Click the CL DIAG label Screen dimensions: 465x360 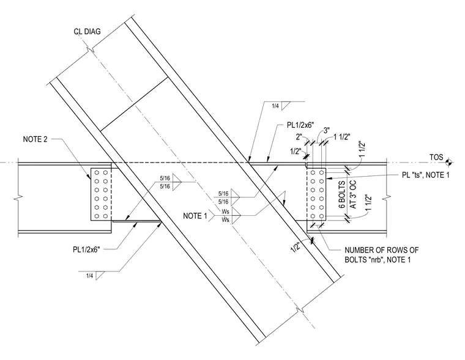click(x=87, y=31)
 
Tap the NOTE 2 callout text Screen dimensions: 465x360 click(x=35, y=139)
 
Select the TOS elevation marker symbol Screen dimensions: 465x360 click(x=449, y=162)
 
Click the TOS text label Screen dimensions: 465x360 click(x=436, y=157)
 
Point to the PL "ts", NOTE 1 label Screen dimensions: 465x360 click(x=426, y=175)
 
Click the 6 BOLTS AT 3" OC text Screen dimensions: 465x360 click(x=348, y=194)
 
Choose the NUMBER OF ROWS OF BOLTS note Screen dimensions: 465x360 click(x=381, y=255)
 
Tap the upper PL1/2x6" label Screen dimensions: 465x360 click(x=300, y=125)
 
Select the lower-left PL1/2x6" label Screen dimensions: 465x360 click(x=87, y=249)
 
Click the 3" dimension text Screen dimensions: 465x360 click(x=327, y=131)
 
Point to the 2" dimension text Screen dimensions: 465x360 click(x=300, y=136)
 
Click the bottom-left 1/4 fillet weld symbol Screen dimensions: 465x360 click(x=95, y=276)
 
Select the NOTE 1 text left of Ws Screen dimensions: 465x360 click(x=195, y=216)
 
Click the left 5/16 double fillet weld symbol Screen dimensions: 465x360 click(x=170, y=182)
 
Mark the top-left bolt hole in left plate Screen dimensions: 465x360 click(x=97, y=173)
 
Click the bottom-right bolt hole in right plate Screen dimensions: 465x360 click(x=321, y=216)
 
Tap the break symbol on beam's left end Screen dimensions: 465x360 click(x=18, y=197)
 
